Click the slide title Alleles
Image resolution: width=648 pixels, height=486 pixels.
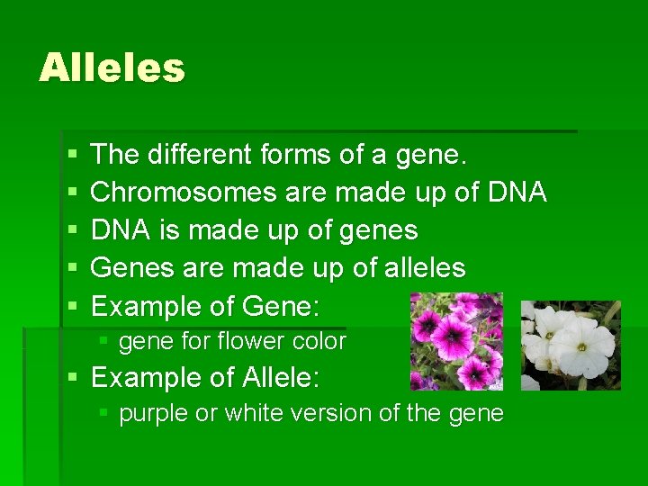pyautogui.click(x=112, y=68)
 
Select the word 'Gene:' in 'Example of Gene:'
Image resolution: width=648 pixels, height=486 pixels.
pyautogui.click(x=281, y=307)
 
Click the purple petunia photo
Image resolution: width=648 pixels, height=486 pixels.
pyautogui.click(x=456, y=341)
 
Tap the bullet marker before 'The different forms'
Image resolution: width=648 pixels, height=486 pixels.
pyautogui.click(x=72, y=156)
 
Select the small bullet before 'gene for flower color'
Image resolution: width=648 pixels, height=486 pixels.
pyautogui.click(x=104, y=342)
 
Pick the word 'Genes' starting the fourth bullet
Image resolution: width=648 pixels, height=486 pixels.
pyautogui.click(x=126, y=268)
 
